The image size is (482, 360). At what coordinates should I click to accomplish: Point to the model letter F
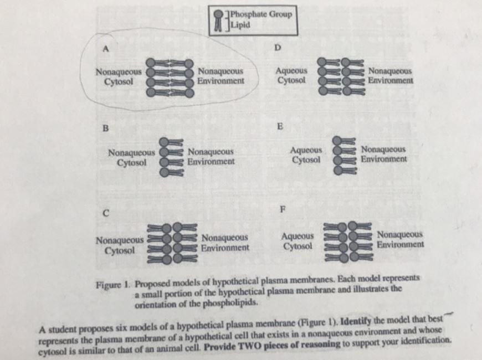pos(283,209)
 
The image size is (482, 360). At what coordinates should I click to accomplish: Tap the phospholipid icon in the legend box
pos(220,20)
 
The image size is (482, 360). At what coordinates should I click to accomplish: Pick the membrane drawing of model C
pos(173,242)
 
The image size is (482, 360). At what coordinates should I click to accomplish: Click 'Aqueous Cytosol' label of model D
pos(291,75)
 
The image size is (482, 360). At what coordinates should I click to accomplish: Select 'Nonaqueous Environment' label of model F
pos(400,239)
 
